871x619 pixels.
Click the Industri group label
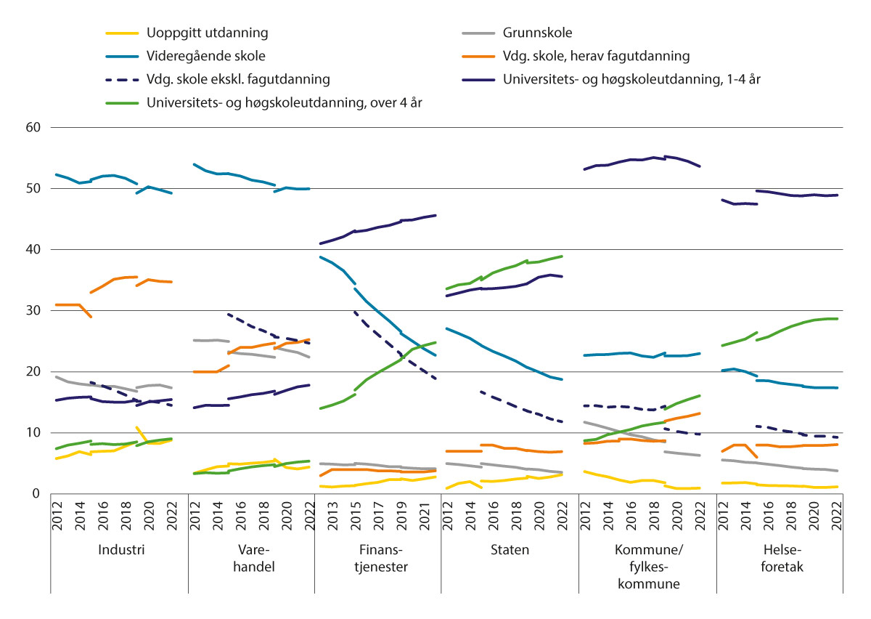(x=120, y=550)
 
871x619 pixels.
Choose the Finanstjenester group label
(x=377, y=557)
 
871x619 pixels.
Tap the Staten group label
(x=510, y=550)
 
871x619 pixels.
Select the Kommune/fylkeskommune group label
(x=647, y=566)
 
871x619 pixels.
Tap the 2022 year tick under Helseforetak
(x=836, y=514)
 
